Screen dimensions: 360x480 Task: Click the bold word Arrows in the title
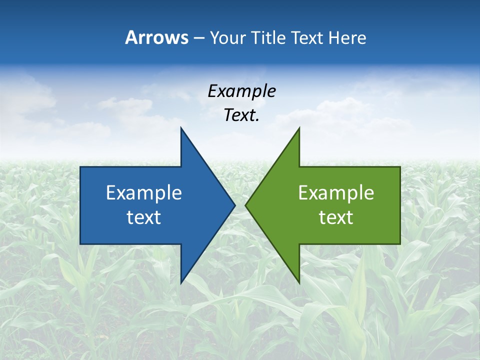[x=156, y=38]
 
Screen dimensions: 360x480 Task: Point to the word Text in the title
[x=308, y=38]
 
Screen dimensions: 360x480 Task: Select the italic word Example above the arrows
[x=241, y=91]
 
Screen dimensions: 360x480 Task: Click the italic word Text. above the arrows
[x=241, y=115]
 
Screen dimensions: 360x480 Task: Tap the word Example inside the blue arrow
[x=144, y=193]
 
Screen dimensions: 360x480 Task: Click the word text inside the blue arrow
[x=144, y=217]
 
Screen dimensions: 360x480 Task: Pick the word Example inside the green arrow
[x=336, y=193]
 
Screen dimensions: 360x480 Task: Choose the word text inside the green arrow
[x=336, y=217]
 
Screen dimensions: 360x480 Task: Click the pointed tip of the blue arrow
[x=234, y=205]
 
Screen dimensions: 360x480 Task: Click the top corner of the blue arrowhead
[x=181, y=128]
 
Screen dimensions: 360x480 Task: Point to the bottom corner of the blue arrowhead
[x=181, y=282]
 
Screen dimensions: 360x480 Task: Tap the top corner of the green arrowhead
[x=299, y=128]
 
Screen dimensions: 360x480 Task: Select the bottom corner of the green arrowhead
[x=299, y=282]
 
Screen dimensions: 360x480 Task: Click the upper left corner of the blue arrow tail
[x=80, y=167]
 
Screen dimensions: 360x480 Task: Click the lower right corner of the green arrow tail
[x=400, y=244]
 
